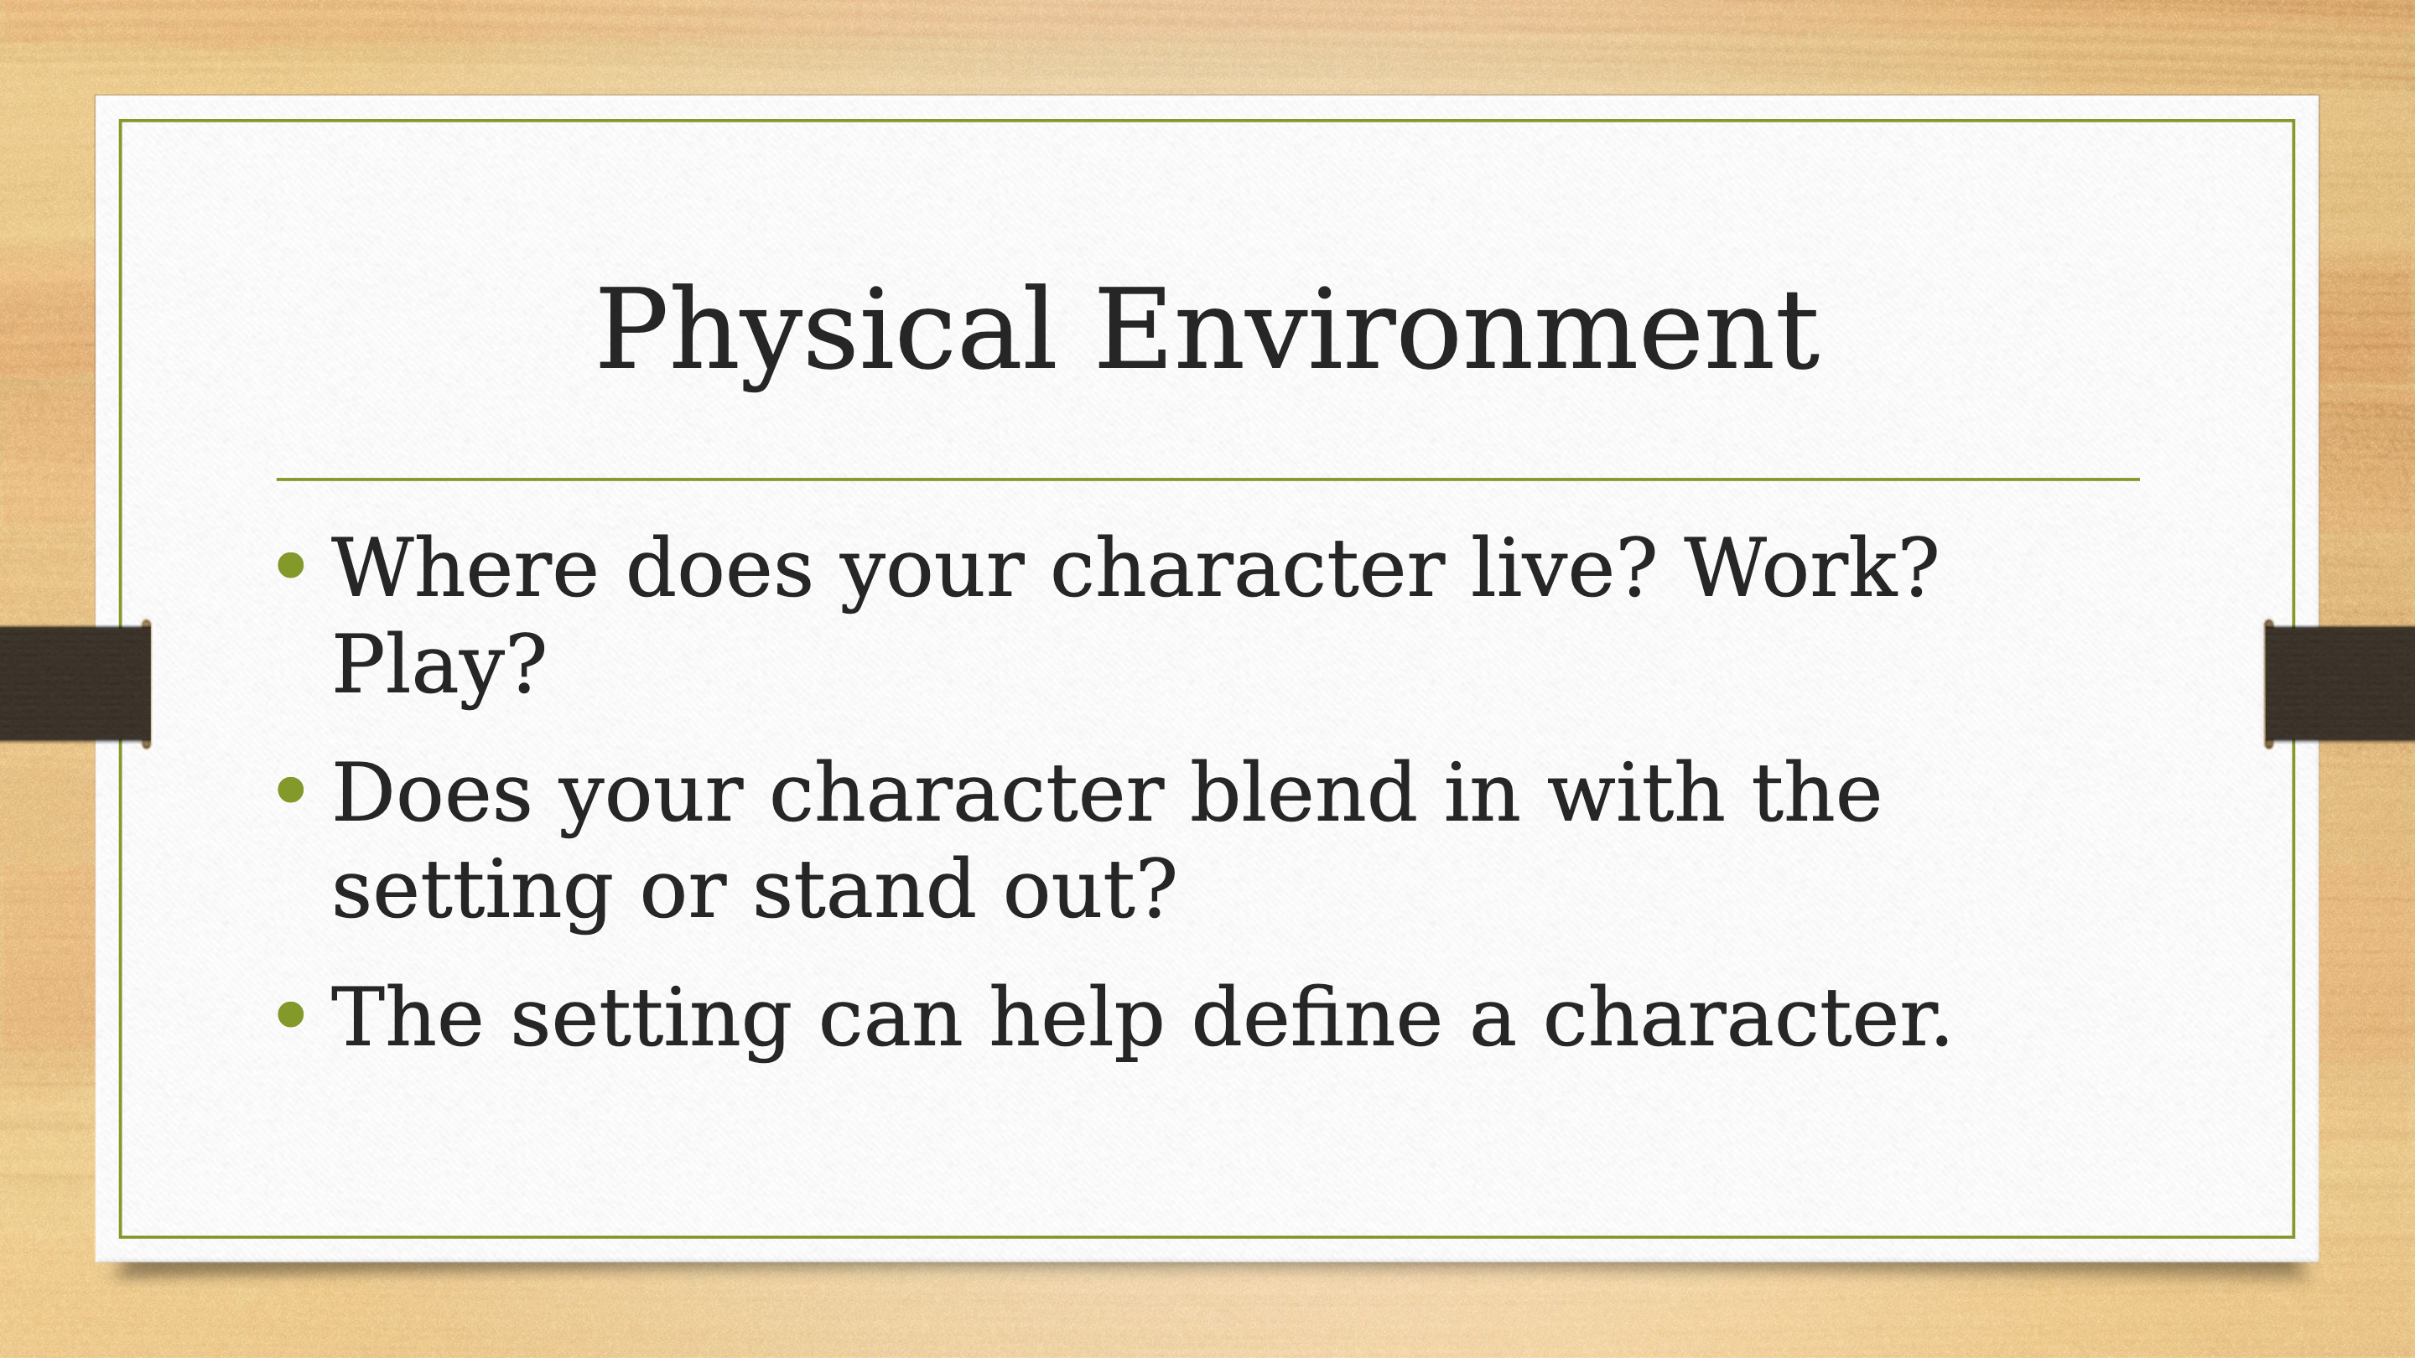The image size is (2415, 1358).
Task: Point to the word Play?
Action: coord(439,666)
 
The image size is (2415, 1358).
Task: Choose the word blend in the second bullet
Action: coord(1303,792)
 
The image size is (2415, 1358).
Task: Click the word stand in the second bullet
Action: coord(864,888)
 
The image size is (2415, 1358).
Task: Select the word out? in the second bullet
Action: coord(1089,888)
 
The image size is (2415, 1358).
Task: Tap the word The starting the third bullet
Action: coord(407,1017)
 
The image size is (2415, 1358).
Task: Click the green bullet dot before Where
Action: coord(292,564)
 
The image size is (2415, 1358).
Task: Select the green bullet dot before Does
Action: coord(292,789)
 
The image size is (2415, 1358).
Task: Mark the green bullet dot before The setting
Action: coord(292,1014)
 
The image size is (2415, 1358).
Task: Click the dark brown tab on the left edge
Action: coord(75,683)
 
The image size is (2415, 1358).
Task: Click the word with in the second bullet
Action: coord(1635,792)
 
